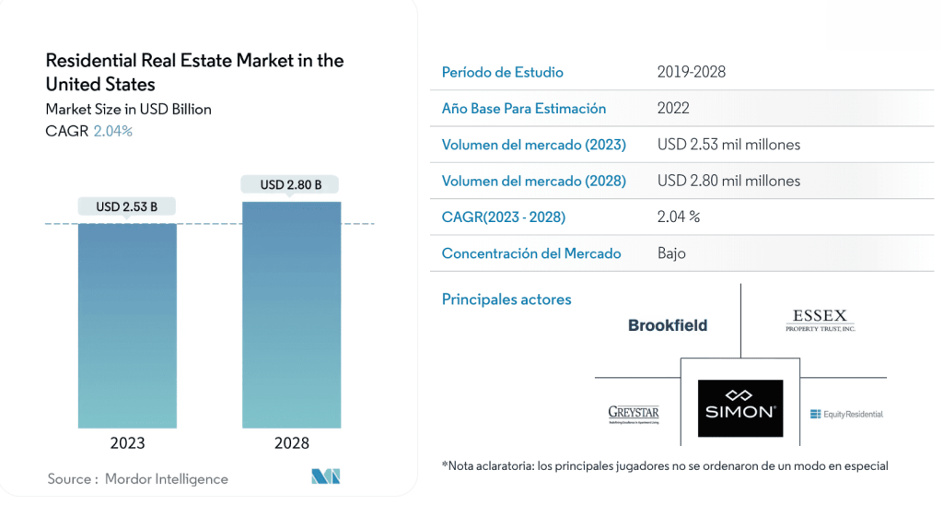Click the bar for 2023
click(x=127, y=324)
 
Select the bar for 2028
click(x=291, y=314)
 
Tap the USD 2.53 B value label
click(x=127, y=206)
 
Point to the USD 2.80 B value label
click(x=291, y=184)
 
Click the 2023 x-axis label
click(x=127, y=443)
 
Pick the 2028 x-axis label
click(x=292, y=443)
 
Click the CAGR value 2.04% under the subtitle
click(x=113, y=131)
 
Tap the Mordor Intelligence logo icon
click(x=326, y=476)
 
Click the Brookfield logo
click(x=668, y=325)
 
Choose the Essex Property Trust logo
click(x=820, y=320)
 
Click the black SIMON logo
click(x=740, y=408)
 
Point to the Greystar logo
click(x=634, y=413)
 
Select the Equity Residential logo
click(x=846, y=414)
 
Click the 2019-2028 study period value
click(x=692, y=72)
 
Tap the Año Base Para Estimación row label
click(x=524, y=108)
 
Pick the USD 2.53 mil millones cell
click(x=728, y=145)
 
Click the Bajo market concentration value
click(x=671, y=253)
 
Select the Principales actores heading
click(x=506, y=299)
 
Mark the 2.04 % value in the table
click(x=679, y=217)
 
